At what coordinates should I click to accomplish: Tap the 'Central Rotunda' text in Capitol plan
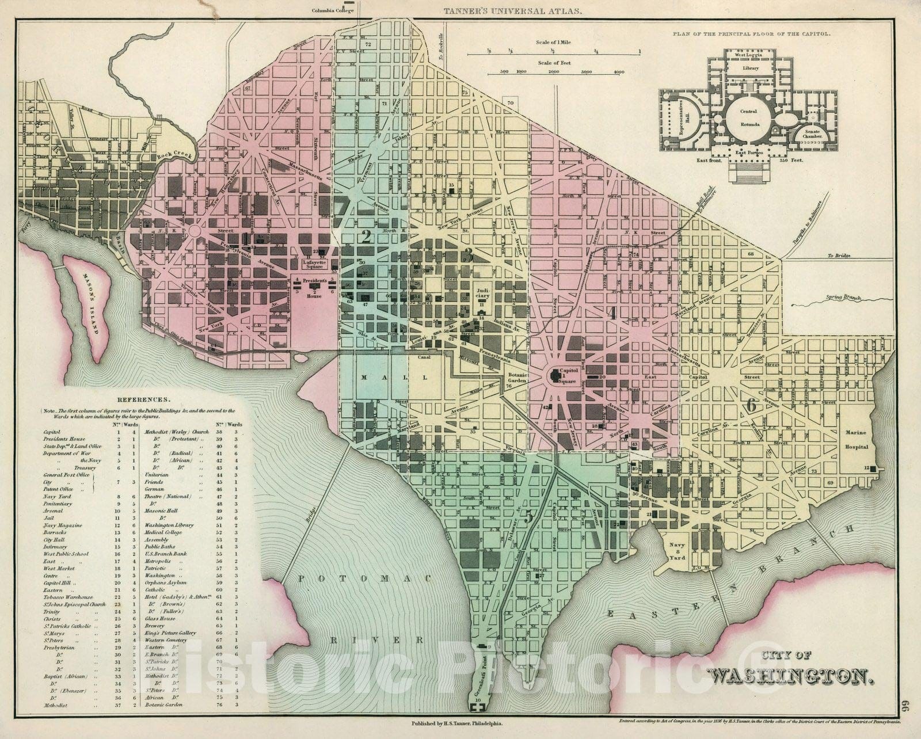pos(748,117)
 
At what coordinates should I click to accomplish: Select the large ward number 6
pos(751,405)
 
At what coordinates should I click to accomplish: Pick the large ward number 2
pos(364,237)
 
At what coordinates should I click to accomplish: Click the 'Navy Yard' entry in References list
pos(58,496)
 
